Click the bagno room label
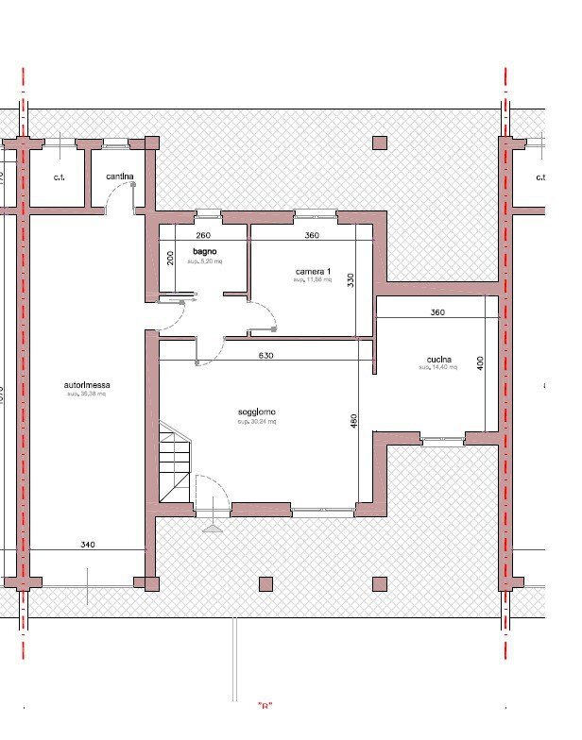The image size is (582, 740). click(x=205, y=250)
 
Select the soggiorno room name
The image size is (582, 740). click(x=257, y=412)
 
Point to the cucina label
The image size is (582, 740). click(x=437, y=359)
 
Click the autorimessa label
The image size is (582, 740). click(x=86, y=385)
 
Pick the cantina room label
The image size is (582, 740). click(x=119, y=177)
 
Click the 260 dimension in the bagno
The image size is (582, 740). click(x=202, y=235)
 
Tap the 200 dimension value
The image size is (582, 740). click(x=171, y=258)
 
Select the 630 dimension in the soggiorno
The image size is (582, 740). click(x=267, y=356)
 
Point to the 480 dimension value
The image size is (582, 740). click(x=354, y=421)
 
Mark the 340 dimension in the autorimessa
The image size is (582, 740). click(x=87, y=545)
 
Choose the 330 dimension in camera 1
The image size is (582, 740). click(x=350, y=280)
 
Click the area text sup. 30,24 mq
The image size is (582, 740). click(x=257, y=422)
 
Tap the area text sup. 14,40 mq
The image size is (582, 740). click(x=437, y=368)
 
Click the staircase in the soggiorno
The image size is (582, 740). click(x=176, y=462)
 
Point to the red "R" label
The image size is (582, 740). click(x=265, y=705)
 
